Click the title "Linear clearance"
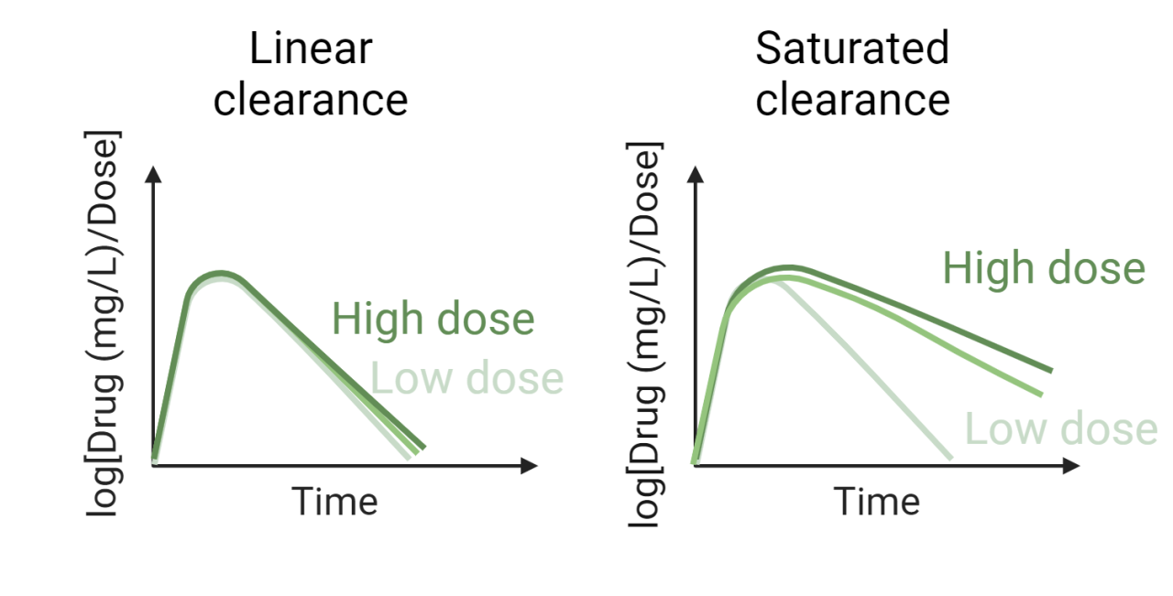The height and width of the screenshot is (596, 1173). pyautogui.click(x=311, y=73)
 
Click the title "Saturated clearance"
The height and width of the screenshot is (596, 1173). pyautogui.click(x=852, y=73)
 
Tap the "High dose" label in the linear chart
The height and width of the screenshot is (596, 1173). pyautogui.click(x=433, y=319)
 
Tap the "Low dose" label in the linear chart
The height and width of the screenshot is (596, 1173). pyautogui.click(x=466, y=378)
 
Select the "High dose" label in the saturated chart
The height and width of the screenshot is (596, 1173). pyautogui.click(x=1044, y=268)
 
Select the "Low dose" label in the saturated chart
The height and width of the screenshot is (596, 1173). pyautogui.click(x=1061, y=428)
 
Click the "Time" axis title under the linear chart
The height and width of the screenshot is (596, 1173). pyautogui.click(x=334, y=501)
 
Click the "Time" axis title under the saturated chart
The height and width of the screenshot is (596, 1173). pyautogui.click(x=876, y=501)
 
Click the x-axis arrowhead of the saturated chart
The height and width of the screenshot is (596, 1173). pyautogui.click(x=1071, y=465)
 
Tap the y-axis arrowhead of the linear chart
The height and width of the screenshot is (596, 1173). pyautogui.click(x=154, y=176)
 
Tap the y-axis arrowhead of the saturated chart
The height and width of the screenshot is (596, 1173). pyautogui.click(x=696, y=176)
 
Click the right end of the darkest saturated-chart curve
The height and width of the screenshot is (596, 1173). pyautogui.click(x=1050, y=370)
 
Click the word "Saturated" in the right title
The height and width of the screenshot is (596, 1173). pyautogui.click(x=852, y=49)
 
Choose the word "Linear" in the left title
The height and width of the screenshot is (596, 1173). pyautogui.click(x=311, y=49)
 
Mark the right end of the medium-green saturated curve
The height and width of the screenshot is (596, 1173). pyautogui.click(x=1041, y=394)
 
